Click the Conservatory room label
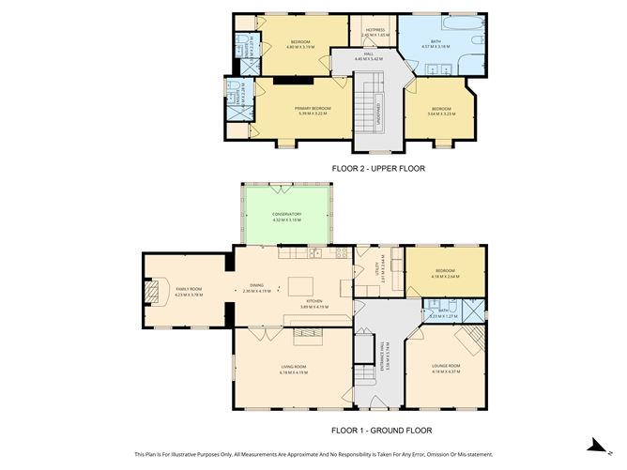(287, 214)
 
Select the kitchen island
(301, 285)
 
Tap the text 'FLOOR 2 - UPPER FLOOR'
(378, 169)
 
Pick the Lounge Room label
(445, 365)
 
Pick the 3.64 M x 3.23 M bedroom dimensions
(441, 114)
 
